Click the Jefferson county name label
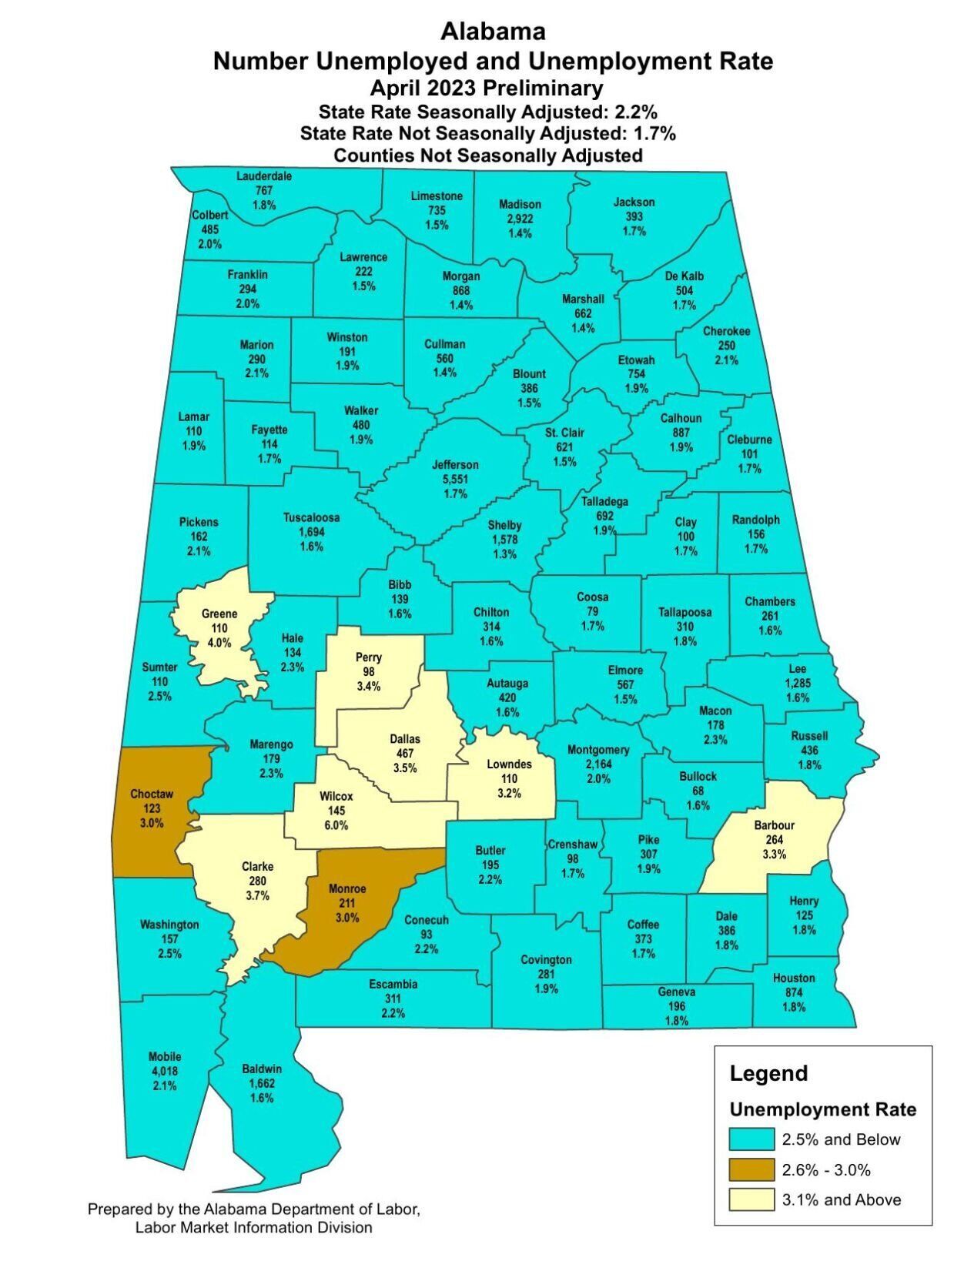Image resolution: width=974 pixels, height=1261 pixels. (x=454, y=464)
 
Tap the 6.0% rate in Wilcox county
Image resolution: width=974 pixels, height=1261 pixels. (x=336, y=825)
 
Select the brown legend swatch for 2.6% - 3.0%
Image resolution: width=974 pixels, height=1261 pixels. (x=751, y=1169)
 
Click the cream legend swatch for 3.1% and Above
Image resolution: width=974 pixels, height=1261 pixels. (x=751, y=1199)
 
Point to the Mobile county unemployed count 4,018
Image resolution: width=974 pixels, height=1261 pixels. (x=166, y=1071)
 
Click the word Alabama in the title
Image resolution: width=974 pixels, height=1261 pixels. (x=493, y=32)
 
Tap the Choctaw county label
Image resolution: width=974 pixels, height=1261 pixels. (x=152, y=794)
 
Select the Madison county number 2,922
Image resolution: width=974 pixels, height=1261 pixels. (x=520, y=219)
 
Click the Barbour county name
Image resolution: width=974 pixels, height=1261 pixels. (x=774, y=825)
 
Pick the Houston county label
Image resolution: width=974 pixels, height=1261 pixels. (x=794, y=978)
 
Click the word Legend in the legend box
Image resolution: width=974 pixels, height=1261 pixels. (x=768, y=1073)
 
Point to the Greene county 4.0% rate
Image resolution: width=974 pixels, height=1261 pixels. (x=219, y=643)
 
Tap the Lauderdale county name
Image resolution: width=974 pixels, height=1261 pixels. (x=264, y=176)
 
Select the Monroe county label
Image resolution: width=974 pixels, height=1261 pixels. (x=347, y=888)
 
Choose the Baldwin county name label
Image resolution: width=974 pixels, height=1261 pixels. (x=262, y=1069)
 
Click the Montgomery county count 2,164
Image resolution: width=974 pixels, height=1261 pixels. (x=598, y=764)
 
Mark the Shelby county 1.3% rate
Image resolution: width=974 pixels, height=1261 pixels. (x=504, y=554)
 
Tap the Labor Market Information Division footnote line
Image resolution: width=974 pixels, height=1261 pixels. (x=253, y=1228)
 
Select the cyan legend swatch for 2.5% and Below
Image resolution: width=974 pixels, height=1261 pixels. (x=751, y=1139)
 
